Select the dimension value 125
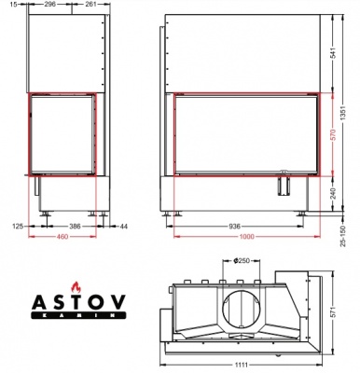17,225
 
